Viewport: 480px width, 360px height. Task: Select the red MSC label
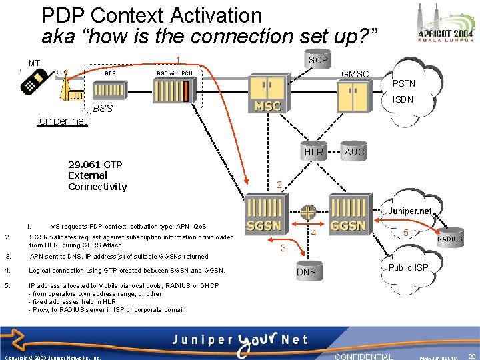click(x=267, y=106)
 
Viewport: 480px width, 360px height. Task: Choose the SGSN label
click(x=264, y=225)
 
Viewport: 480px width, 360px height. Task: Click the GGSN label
click(x=348, y=225)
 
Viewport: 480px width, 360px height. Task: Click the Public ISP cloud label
click(x=409, y=267)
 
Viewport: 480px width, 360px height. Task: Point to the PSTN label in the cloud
click(x=403, y=83)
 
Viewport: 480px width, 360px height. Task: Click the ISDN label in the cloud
click(x=403, y=99)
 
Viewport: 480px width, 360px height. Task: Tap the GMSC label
click(x=355, y=73)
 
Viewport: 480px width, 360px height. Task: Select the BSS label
click(x=103, y=108)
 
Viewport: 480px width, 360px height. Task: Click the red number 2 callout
click(x=280, y=185)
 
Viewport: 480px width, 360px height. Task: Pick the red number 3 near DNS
click(x=282, y=248)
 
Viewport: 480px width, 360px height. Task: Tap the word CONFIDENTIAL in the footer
click(x=364, y=356)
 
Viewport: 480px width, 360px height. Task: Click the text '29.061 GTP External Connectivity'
click(x=97, y=175)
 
